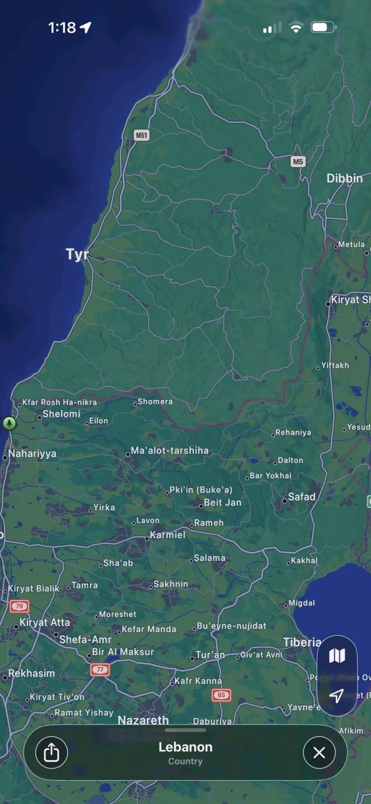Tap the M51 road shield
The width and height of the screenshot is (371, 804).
pos(141,135)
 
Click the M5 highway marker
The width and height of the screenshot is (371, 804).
pos(298,161)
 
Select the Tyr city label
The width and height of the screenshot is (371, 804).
pos(77,254)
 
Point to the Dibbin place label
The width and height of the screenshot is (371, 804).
pos(344,178)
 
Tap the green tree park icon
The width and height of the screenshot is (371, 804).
pos(9,423)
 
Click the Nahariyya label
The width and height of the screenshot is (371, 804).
pos(32,453)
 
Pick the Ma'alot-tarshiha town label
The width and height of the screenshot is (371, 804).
pos(169,450)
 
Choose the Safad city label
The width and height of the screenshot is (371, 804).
pos(301,497)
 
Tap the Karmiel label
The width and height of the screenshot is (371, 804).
pos(168,535)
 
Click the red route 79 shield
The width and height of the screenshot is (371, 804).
pos(19,606)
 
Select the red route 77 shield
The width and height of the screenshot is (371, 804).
pos(100,670)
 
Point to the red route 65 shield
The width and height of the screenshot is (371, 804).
pos(221,695)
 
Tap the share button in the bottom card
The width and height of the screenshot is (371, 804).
pos(51,752)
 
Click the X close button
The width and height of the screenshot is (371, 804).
pos(319,752)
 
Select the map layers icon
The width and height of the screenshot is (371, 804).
pos(337,656)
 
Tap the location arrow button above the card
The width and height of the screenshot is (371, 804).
pos(337,696)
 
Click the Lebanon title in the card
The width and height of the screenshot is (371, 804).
pos(185,747)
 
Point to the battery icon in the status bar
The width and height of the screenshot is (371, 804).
pos(323,27)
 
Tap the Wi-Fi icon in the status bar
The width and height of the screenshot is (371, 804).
pos(296,28)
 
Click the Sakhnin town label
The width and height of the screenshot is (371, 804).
pos(170,584)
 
